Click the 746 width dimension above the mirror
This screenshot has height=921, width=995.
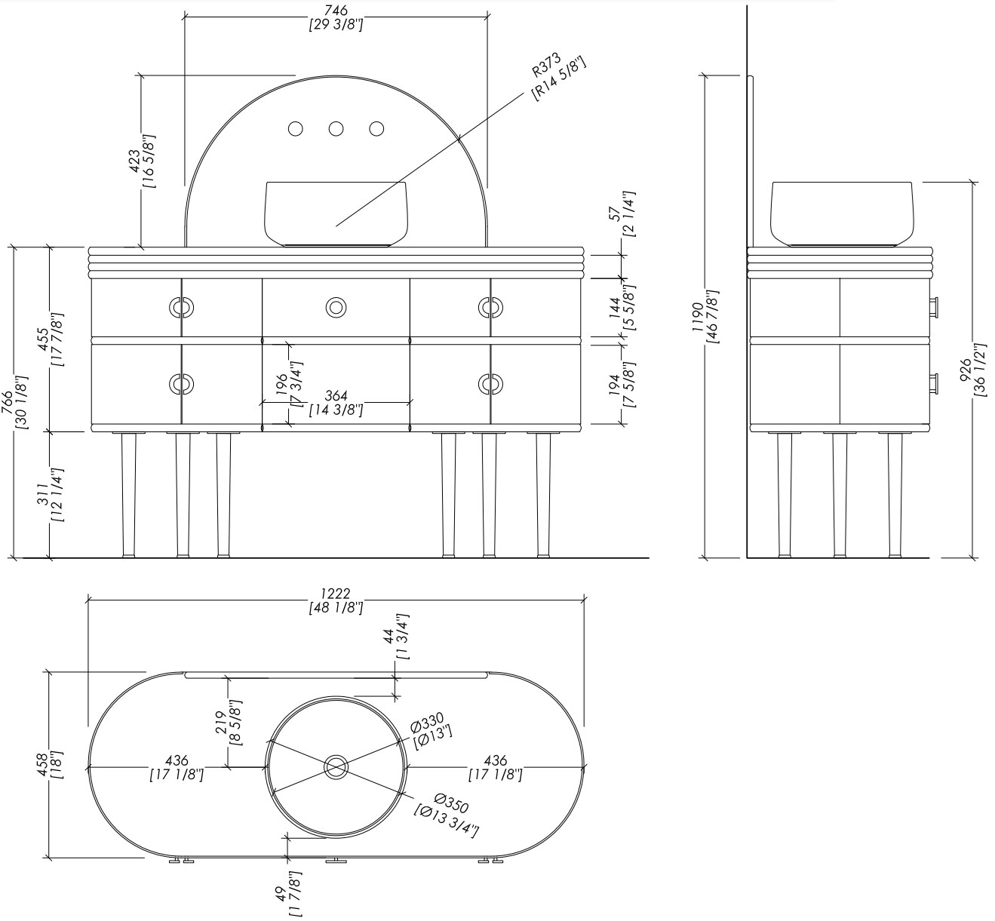coord(336,17)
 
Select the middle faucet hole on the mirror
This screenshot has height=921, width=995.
coord(336,129)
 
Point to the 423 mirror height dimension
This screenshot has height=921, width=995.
coord(143,161)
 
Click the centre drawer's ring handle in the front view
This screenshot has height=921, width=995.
coord(336,307)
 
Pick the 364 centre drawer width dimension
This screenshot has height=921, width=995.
coord(336,403)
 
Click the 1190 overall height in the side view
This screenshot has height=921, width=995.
coord(705,317)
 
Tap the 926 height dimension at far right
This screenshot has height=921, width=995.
coord(973,370)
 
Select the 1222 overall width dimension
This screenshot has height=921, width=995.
coord(336,600)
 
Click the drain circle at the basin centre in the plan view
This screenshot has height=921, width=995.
coord(336,766)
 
